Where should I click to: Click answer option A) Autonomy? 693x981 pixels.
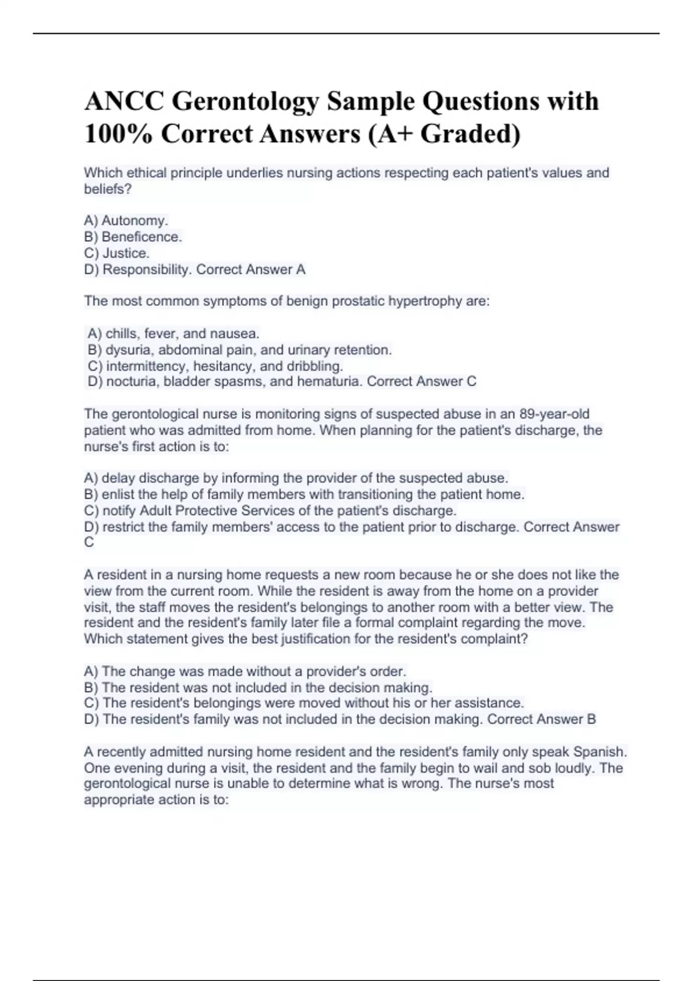coord(126,220)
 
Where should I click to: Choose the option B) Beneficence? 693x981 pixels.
coord(133,237)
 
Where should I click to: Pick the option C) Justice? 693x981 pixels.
coord(117,253)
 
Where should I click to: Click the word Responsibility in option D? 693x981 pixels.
coord(147,269)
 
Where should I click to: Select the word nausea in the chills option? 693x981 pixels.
coord(234,334)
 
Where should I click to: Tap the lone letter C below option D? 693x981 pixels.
coord(89,542)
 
